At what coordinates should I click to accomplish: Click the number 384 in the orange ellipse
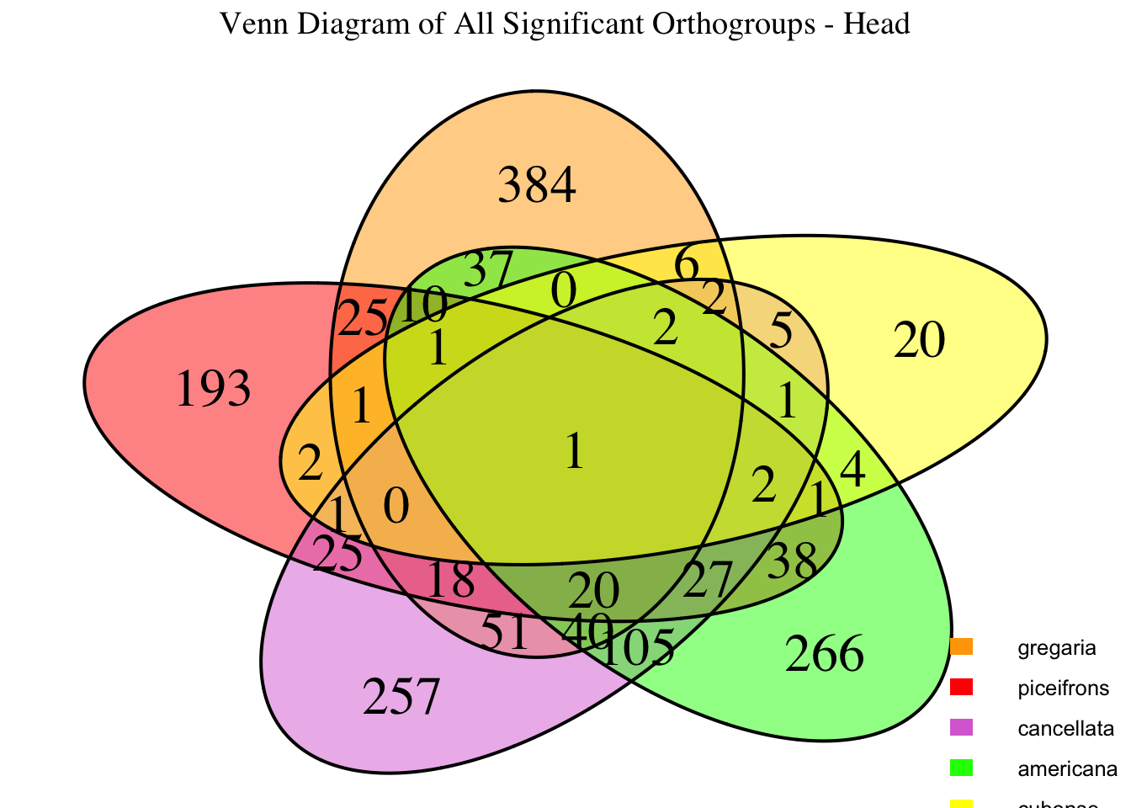pyautogui.click(x=537, y=185)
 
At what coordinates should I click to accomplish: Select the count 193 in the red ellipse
pyautogui.click(x=214, y=390)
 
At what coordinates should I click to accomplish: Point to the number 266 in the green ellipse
pyautogui.click(x=824, y=655)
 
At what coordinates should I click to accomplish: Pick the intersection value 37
pyautogui.click(x=487, y=270)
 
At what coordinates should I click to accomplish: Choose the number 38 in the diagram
pyautogui.click(x=793, y=560)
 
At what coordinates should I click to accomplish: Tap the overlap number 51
pyautogui.click(x=507, y=633)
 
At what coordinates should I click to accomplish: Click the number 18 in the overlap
pyautogui.click(x=451, y=580)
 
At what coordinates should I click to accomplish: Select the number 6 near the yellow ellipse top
pyautogui.click(x=687, y=267)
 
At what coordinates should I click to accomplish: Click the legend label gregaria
pyautogui.click(x=1057, y=648)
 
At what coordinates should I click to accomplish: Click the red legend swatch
pyautogui.click(x=962, y=688)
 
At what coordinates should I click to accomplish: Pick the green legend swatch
pyautogui.click(x=962, y=768)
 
